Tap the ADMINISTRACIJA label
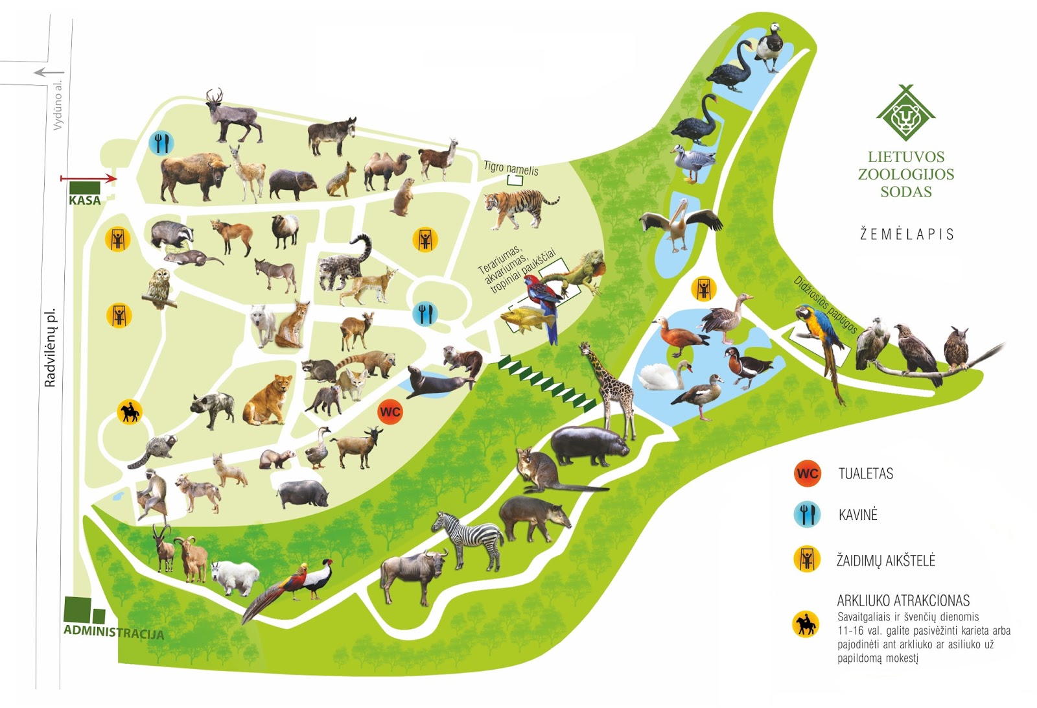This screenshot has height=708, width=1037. (x=113, y=631)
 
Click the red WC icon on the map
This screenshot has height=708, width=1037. (x=390, y=412)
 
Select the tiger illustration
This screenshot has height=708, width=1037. (x=518, y=207)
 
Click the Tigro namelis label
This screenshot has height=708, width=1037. (x=511, y=169)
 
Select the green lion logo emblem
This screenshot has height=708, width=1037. (x=905, y=115)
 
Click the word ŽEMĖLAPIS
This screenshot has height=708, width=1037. (x=906, y=234)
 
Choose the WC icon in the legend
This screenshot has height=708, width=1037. (x=808, y=473)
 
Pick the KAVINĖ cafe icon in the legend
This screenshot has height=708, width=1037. (x=807, y=515)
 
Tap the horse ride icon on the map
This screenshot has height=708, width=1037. (x=130, y=412)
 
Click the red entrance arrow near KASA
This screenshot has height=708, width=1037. (x=88, y=178)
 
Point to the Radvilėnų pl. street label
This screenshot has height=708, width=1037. (x=51, y=348)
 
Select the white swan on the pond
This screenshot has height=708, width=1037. (x=664, y=375)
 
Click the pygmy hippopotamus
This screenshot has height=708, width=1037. (x=588, y=445)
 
